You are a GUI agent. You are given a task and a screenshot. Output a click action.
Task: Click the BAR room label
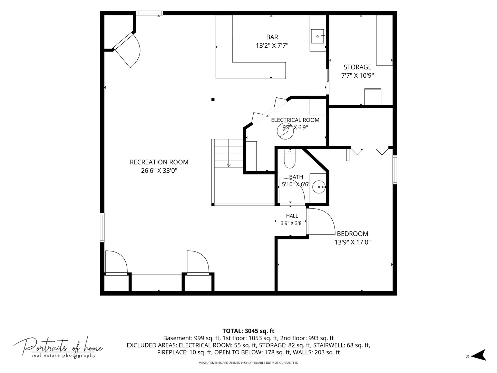point(272,37)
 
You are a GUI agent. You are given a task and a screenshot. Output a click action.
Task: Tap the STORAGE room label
point(358,67)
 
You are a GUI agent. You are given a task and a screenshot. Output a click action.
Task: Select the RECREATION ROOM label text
point(159,162)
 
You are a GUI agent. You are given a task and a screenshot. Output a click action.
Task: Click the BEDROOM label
point(352,234)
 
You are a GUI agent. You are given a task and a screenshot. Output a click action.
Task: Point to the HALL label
point(292,216)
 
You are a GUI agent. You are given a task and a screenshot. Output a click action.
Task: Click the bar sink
point(318,36)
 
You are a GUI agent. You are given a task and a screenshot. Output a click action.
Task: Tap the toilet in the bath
point(290,158)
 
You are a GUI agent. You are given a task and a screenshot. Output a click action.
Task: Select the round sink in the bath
point(319,187)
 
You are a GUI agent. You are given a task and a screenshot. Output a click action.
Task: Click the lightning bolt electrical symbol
point(285,131)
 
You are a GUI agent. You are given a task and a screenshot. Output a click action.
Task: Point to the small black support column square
point(213,99)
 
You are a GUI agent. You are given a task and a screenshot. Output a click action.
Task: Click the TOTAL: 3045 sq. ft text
point(248,331)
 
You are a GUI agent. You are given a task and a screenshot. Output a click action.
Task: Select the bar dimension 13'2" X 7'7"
point(272,46)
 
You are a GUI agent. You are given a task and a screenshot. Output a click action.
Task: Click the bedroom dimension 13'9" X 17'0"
point(352,242)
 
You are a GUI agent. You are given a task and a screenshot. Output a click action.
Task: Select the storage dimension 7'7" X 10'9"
point(358,75)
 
